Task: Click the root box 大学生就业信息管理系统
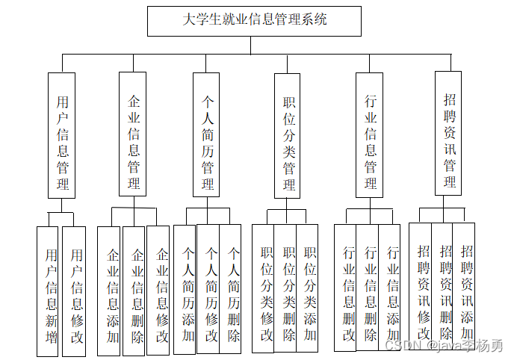coord(254,21)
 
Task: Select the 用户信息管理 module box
coord(62,135)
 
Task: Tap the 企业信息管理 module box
coord(134,135)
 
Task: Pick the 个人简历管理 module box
coord(208,135)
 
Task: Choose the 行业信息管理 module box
coord(370,135)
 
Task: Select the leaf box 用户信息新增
coord(50,291)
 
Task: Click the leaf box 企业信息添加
coord(111,291)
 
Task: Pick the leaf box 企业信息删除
coord(135,291)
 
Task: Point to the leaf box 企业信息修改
coord(160,291)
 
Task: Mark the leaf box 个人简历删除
coord(232,288)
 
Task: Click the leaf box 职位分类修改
coord(264,288)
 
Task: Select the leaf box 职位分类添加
coord(309,288)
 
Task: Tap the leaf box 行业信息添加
coord(391,288)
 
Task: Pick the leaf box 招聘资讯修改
coord(423,288)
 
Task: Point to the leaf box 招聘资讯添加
coord(466,288)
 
